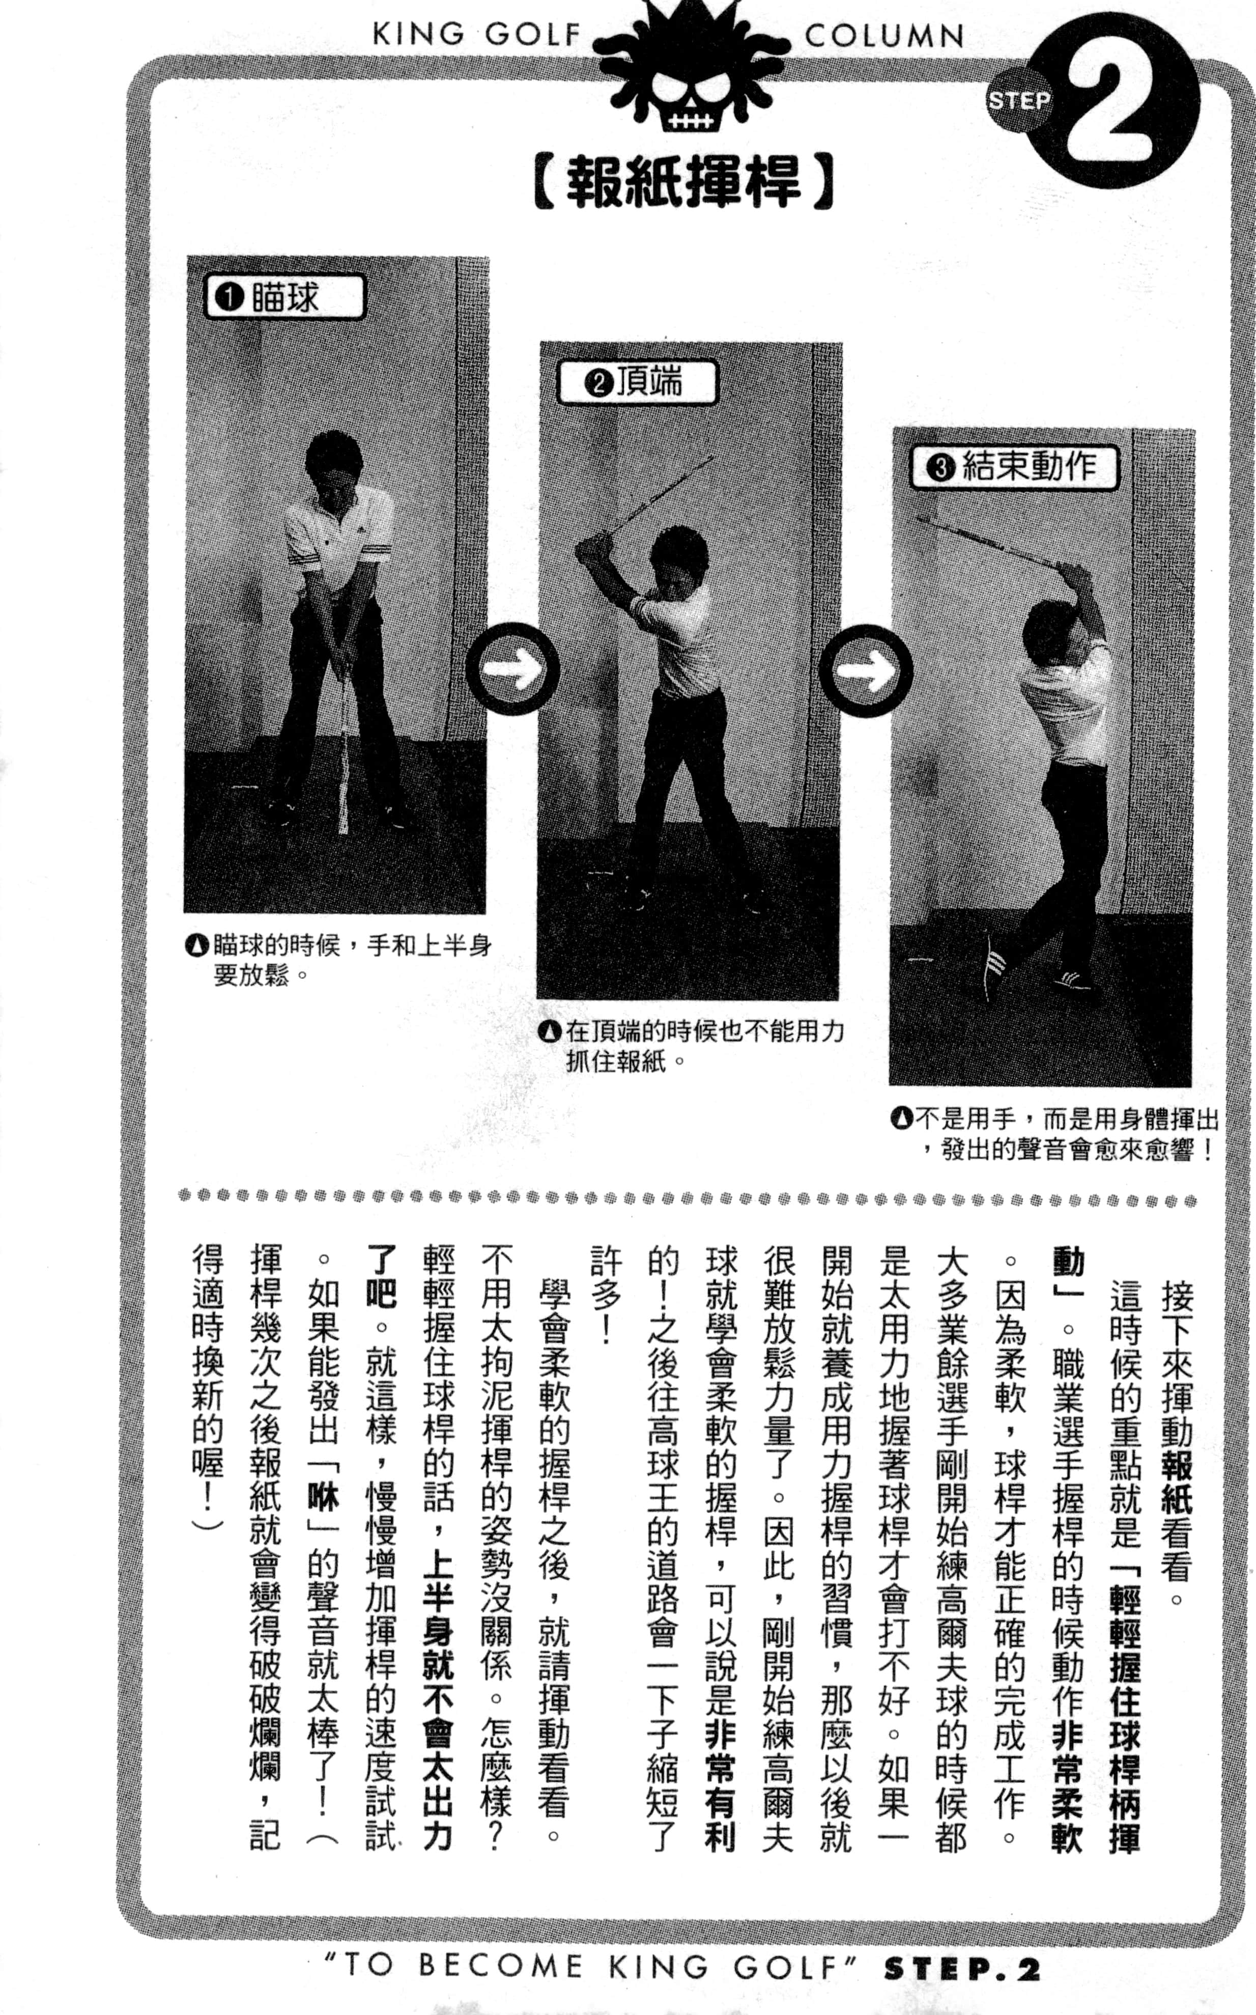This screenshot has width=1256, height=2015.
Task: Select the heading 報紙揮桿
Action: point(683,183)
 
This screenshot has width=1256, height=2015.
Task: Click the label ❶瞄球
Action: point(283,297)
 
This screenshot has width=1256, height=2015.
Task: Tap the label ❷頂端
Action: point(636,382)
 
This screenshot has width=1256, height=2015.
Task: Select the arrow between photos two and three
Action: point(866,670)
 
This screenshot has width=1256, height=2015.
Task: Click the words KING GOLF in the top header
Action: point(476,35)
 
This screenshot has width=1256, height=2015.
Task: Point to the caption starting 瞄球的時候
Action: point(339,959)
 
